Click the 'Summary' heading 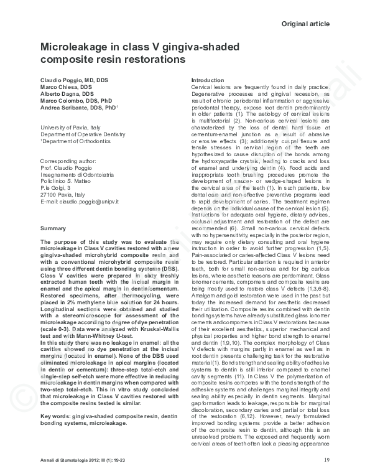click(53, 229)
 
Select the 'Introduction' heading click(208, 80)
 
